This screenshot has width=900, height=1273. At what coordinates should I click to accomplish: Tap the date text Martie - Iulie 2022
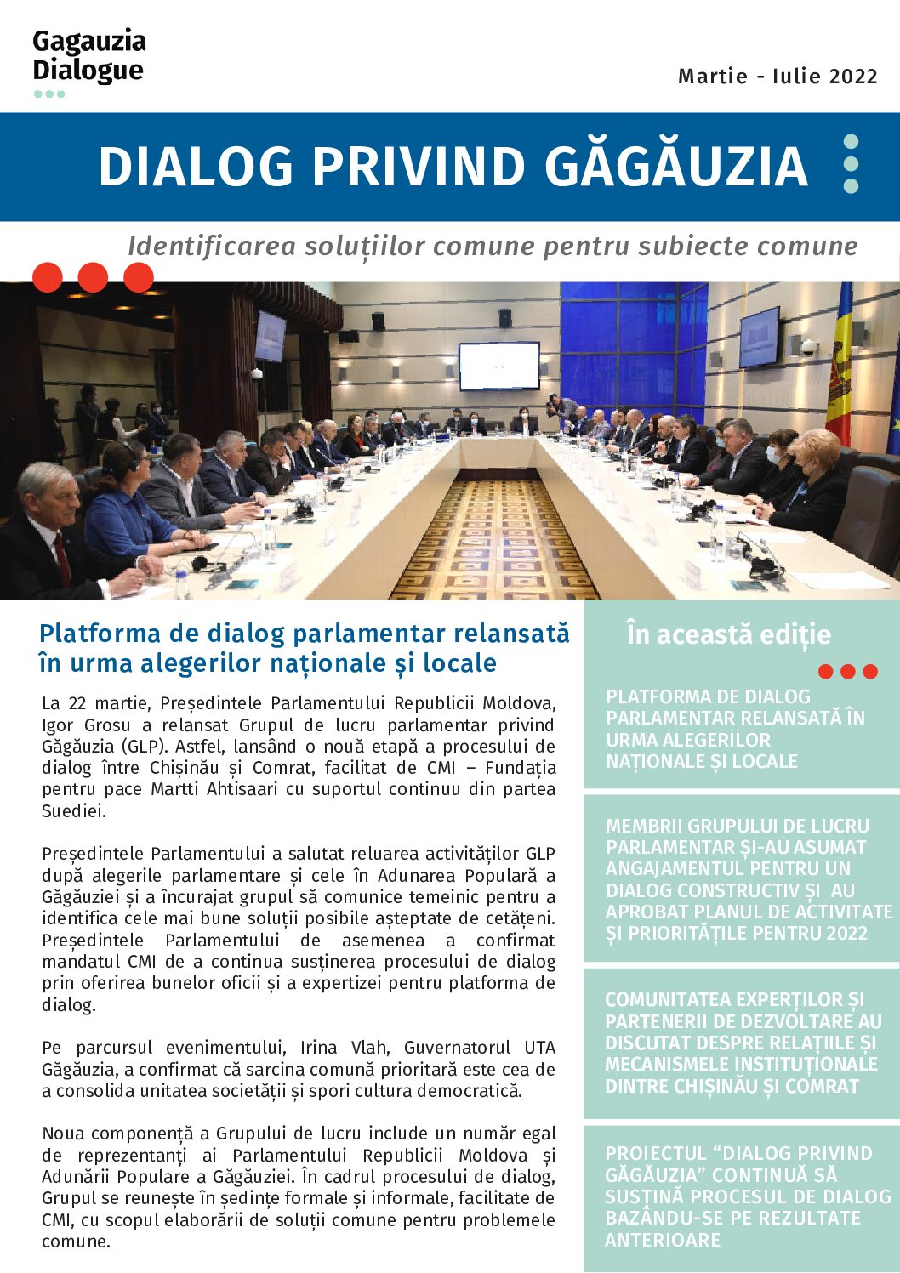[778, 77]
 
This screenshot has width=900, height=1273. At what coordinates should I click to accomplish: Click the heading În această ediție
[728, 634]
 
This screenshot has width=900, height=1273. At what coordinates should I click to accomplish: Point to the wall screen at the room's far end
[498, 365]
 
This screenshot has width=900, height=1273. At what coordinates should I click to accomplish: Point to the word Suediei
[74, 811]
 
